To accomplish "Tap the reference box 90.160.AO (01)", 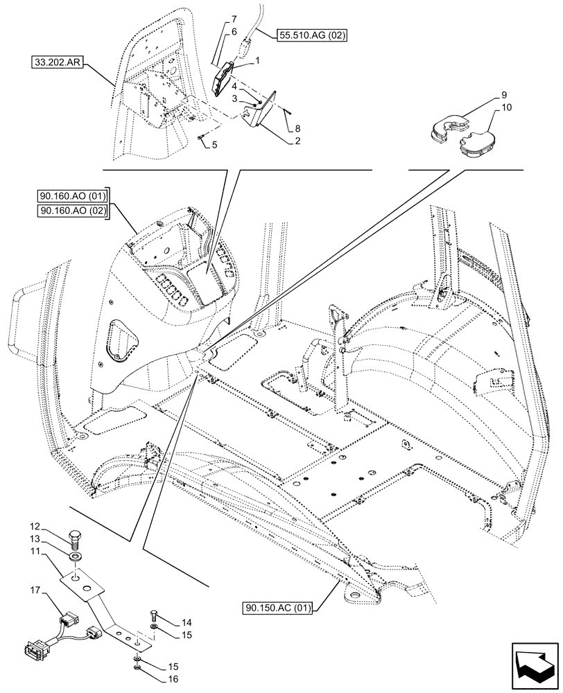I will point(72,197).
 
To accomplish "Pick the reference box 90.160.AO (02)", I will point(72,211).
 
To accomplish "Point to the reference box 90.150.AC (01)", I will point(278,609).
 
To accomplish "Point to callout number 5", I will point(215,146).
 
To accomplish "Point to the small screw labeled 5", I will point(201,140).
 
